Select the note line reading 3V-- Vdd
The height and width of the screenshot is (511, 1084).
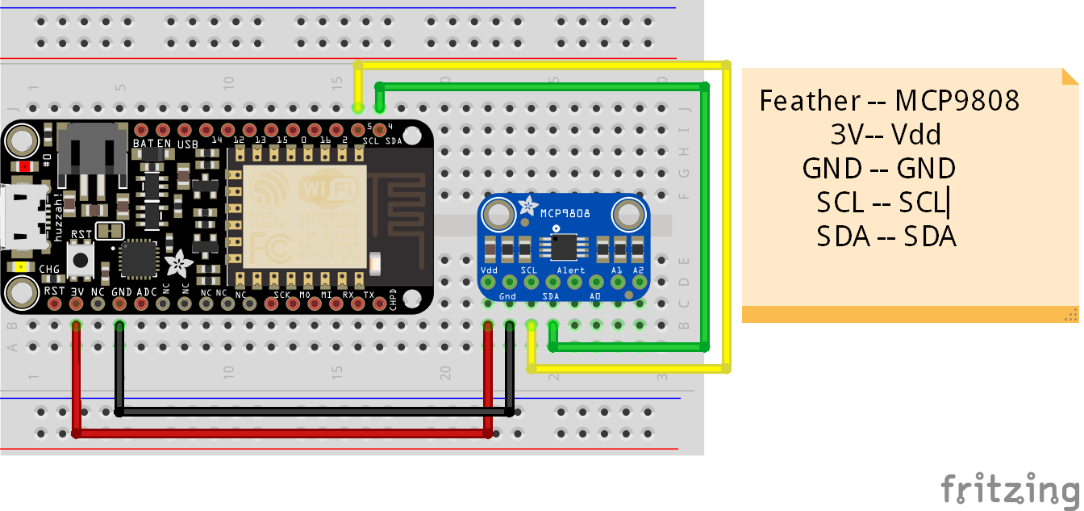[886, 134]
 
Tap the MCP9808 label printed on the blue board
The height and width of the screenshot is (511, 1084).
[565, 212]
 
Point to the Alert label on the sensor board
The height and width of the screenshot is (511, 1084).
[571, 270]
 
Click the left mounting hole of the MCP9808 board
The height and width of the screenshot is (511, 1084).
[500, 215]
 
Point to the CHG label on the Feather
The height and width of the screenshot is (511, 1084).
[49, 269]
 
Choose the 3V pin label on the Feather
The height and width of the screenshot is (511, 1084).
[77, 291]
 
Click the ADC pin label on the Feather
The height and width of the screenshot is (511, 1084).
[146, 291]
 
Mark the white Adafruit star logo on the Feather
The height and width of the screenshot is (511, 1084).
[178, 263]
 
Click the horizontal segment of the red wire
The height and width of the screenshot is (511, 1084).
[282, 434]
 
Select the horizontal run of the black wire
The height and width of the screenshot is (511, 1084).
[315, 412]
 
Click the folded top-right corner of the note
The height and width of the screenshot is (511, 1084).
[1069, 77]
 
